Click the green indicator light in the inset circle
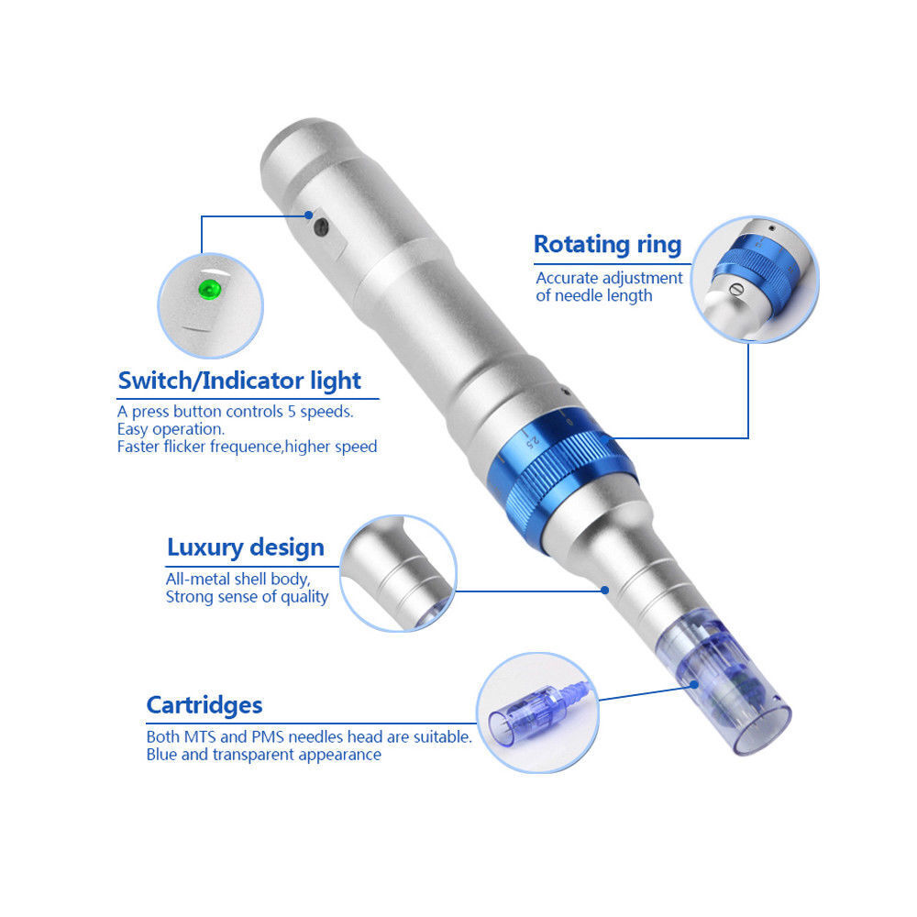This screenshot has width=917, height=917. (209, 289)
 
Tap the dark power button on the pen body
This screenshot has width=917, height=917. (321, 226)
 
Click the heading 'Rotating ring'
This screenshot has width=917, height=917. (608, 245)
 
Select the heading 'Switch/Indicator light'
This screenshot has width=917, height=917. (239, 381)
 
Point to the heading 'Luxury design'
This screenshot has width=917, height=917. (246, 547)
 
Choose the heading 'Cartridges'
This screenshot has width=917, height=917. (204, 705)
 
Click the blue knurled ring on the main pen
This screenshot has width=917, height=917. (561, 480)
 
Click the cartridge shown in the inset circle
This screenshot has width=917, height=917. (538, 713)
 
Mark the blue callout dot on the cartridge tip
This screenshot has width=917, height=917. (693, 685)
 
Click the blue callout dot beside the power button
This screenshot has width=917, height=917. (309, 215)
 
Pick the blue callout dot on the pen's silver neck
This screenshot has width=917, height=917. (605, 590)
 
